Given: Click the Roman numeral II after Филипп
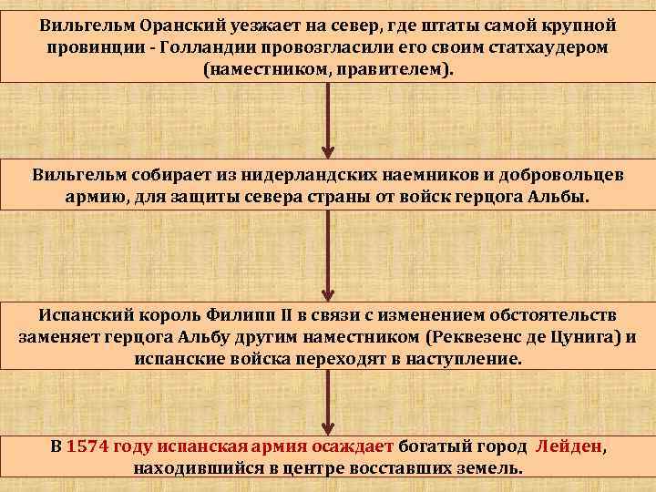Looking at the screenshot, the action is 288,314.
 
